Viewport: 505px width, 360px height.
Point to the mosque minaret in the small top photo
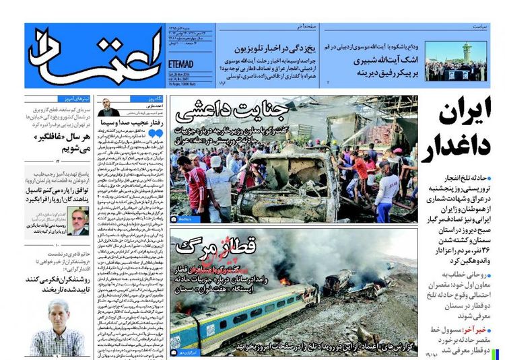[467, 50]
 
